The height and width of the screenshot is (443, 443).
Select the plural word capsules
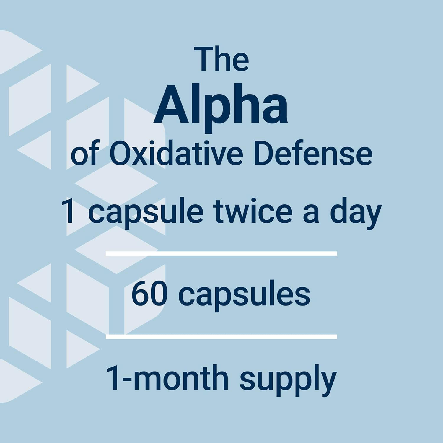click(x=244, y=295)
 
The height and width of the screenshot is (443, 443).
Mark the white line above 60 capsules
click(x=221, y=253)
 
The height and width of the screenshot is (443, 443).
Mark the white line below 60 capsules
click(x=221, y=337)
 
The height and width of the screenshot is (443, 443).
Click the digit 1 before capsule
click(x=69, y=211)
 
